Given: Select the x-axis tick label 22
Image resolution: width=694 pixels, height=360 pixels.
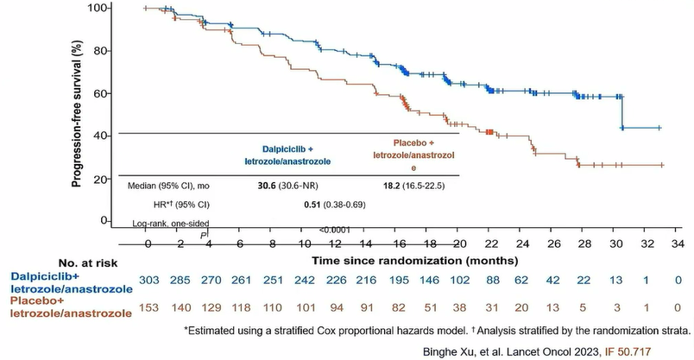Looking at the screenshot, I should tap(489, 245).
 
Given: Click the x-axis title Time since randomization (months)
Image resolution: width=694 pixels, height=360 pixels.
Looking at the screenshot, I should tap(414, 259).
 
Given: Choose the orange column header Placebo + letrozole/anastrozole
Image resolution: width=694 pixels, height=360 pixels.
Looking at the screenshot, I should tap(413, 154).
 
